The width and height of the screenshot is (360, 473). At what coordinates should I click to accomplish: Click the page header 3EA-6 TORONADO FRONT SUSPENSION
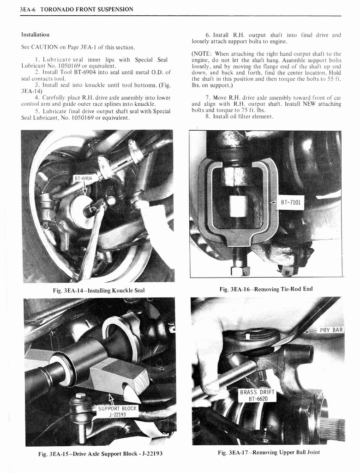[x=77, y=9]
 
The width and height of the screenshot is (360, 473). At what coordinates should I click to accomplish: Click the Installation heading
[x=35, y=35]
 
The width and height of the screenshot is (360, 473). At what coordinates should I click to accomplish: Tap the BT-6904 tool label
[x=84, y=178]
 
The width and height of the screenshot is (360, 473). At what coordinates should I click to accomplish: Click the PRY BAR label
[x=331, y=330]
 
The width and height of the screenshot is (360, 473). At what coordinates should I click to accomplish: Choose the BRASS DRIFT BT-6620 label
[x=257, y=395]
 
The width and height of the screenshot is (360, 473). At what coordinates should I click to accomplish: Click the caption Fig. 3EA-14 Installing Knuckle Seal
[x=98, y=291]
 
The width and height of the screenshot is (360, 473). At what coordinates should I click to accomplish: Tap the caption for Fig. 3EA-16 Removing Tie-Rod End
[x=266, y=289]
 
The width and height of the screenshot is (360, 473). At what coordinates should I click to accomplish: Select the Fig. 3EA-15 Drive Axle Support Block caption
[x=100, y=453]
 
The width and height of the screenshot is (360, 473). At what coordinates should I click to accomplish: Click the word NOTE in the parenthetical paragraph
[x=204, y=54]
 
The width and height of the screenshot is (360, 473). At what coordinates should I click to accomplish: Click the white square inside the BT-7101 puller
[x=239, y=206]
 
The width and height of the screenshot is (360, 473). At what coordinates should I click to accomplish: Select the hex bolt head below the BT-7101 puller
[x=240, y=270]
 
